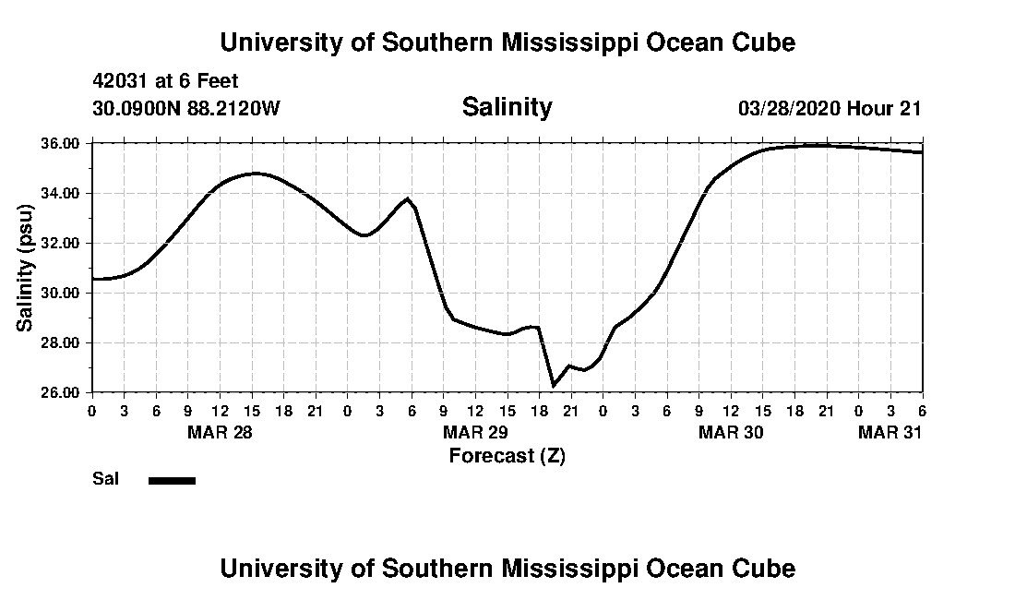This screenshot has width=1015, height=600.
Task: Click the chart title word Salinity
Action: pos(507,107)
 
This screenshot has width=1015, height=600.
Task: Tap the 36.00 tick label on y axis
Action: pos(64,144)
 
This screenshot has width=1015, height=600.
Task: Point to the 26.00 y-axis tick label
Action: pos(64,392)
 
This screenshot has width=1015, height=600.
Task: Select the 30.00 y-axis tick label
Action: pos(64,293)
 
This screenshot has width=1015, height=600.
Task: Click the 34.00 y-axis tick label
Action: pos(64,194)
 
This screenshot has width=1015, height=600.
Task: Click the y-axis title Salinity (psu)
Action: pos(26,268)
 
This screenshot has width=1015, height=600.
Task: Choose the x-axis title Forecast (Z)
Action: pos(507,455)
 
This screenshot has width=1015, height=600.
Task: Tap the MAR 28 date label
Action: pos(220,433)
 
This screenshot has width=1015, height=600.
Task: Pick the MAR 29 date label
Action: pos(475,433)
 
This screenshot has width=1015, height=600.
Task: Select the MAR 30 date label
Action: pos(731,433)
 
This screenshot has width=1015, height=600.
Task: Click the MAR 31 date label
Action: pos(890,433)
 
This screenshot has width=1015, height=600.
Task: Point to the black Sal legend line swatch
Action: pos(173,480)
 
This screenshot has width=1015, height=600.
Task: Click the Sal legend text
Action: pos(103,479)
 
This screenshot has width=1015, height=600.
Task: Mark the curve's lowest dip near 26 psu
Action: pos(554,385)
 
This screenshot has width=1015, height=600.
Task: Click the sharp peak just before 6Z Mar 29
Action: pos(407,198)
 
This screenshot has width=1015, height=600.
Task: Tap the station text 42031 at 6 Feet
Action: pos(165,81)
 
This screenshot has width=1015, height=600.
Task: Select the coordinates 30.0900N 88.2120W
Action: pos(185,108)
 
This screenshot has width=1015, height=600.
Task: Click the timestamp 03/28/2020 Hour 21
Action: pos(830,108)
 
